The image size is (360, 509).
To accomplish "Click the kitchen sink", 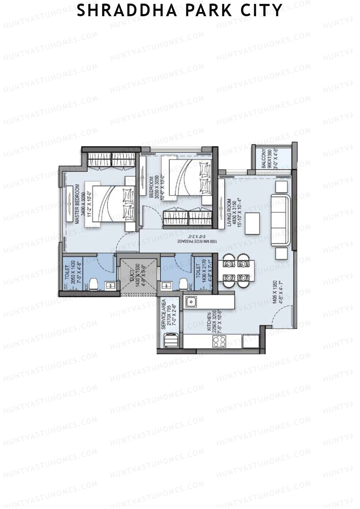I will point(191,302).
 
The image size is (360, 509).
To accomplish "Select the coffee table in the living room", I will point(252,223).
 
